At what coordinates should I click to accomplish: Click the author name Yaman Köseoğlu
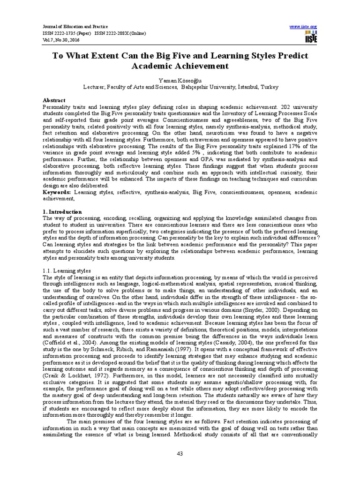180,80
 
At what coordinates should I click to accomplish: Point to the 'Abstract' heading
54,100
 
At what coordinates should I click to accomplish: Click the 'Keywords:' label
57,192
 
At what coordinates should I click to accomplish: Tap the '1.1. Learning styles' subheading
66,271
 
